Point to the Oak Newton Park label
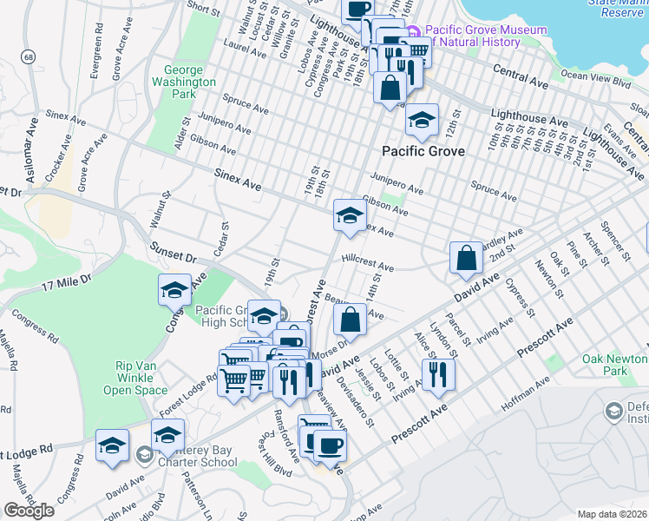(617, 364)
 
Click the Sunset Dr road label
(174, 253)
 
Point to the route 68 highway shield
(29, 56)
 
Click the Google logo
(29, 511)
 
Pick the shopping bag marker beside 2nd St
(466, 257)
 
